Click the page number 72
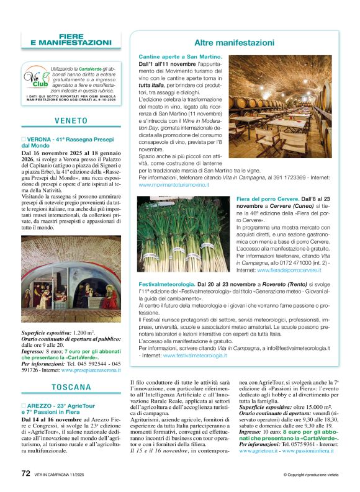26,473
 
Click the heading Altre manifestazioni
234,43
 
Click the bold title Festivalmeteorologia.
172,282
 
